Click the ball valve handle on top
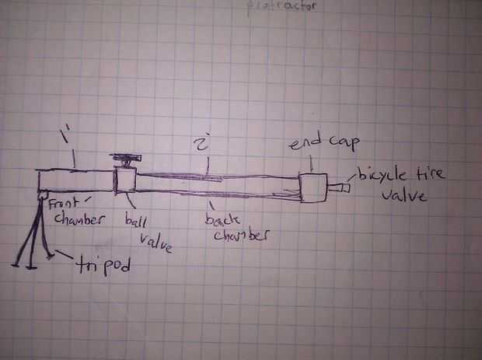[127, 159]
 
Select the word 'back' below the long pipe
[222, 219]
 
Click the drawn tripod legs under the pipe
[33, 233]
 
